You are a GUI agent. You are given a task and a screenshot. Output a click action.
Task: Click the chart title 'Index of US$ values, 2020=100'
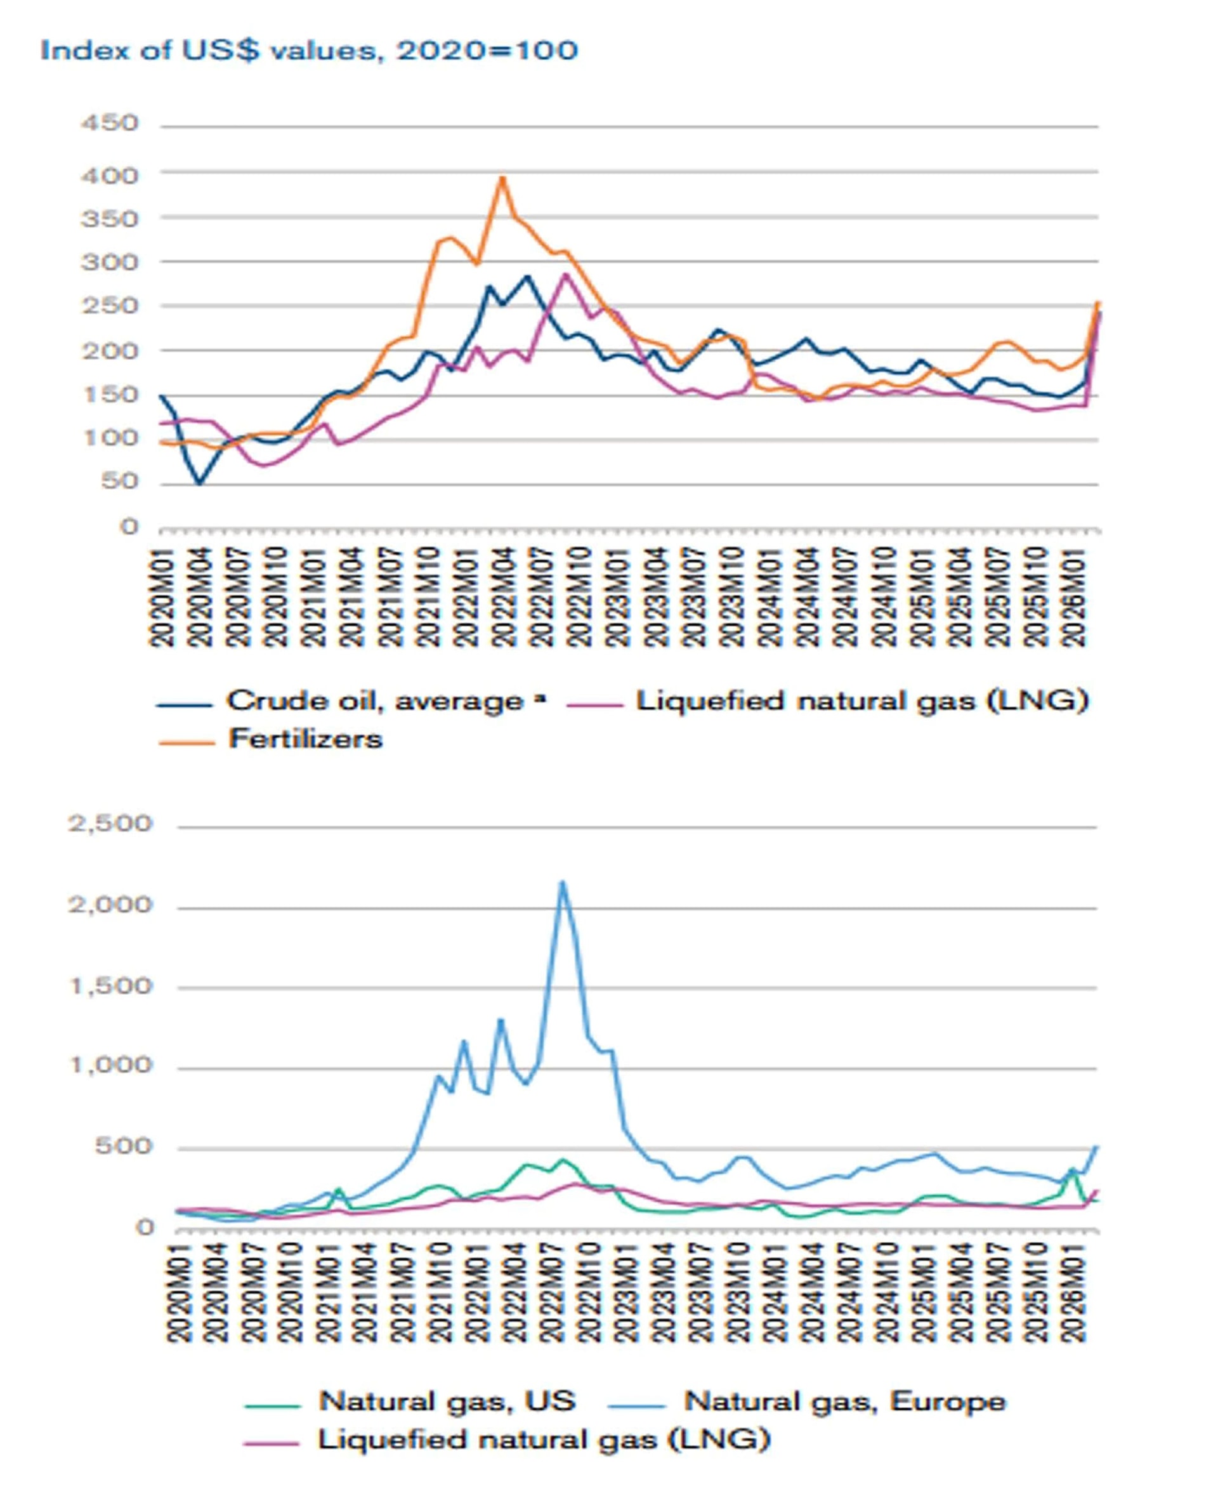tap(309, 51)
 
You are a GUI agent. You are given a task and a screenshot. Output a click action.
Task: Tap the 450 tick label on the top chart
tap(110, 124)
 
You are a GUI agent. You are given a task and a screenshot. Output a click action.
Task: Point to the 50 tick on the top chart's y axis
tap(119, 482)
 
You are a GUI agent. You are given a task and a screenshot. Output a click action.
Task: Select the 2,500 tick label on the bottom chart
tap(110, 823)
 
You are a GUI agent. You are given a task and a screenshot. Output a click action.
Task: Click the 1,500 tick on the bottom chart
tap(110, 986)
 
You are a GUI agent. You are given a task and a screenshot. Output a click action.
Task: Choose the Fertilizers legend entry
tap(305, 739)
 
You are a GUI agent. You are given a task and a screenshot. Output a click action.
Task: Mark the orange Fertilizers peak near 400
tap(502, 177)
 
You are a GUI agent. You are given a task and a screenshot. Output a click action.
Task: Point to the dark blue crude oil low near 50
tap(200, 483)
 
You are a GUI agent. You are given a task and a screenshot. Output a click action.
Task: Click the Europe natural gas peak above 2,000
tap(561, 882)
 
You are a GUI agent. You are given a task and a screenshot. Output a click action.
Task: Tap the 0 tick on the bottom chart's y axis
tap(145, 1226)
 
